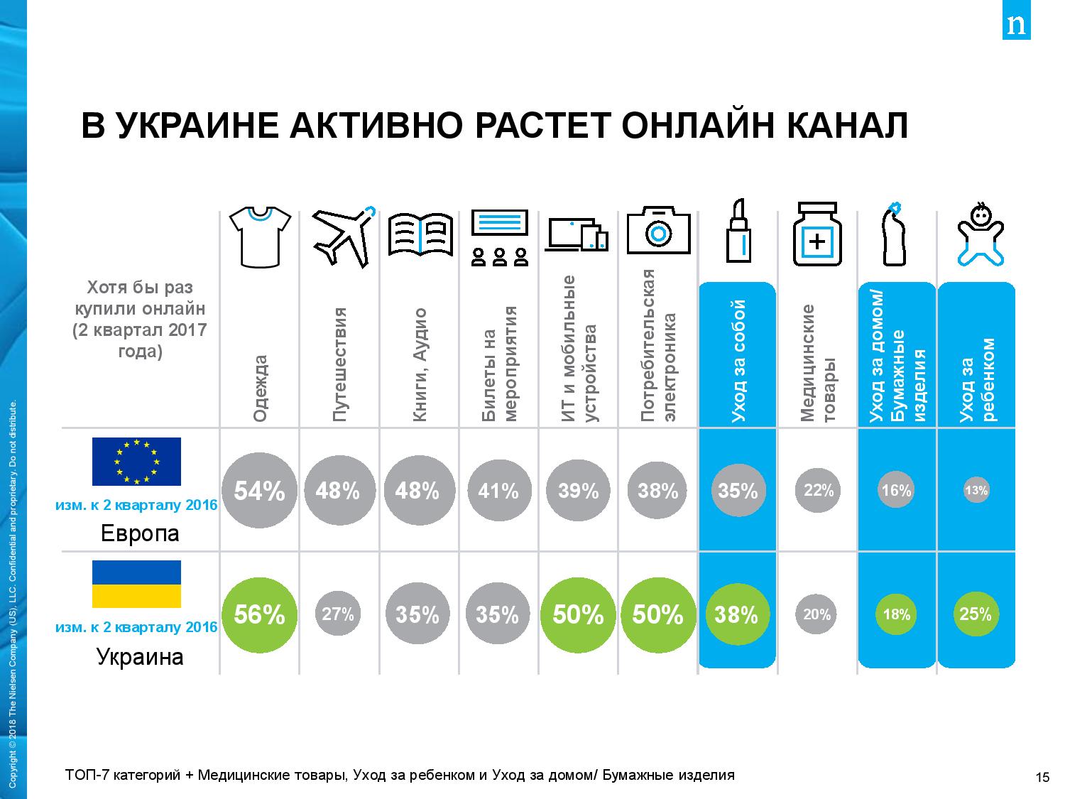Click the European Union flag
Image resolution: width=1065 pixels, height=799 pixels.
(136, 462)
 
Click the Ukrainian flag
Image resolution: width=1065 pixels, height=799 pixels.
(136, 584)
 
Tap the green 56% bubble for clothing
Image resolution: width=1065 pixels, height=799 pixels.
(259, 614)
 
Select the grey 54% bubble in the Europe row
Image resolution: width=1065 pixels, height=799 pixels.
(259, 491)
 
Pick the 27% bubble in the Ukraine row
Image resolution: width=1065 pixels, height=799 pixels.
(338, 614)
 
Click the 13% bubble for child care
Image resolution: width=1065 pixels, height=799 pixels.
(976, 490)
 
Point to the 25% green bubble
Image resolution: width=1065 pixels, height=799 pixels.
(976, 614)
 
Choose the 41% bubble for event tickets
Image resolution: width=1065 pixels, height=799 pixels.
(498, 491)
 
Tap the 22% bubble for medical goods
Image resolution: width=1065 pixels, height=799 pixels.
(818, 489)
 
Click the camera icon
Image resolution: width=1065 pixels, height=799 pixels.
(658, 231)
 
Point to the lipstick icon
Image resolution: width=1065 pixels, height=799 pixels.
(738, 232)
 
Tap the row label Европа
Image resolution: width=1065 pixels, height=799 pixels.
(140, 533)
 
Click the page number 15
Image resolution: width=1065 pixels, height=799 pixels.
(1042, 776)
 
